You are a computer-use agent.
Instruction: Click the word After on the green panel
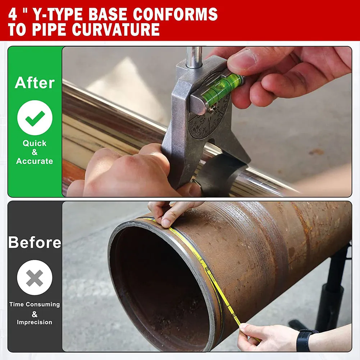[35, 83]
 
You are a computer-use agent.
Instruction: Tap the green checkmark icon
[35, 118]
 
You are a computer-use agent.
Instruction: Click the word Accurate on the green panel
[35, 161]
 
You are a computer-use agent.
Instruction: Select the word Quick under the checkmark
[35, 143]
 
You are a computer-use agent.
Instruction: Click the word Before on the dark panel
[35, 242]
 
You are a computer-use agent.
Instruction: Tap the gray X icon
[35, 278]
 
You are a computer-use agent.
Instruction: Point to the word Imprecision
[35, 322]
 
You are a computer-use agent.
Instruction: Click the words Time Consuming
[35, 304]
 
